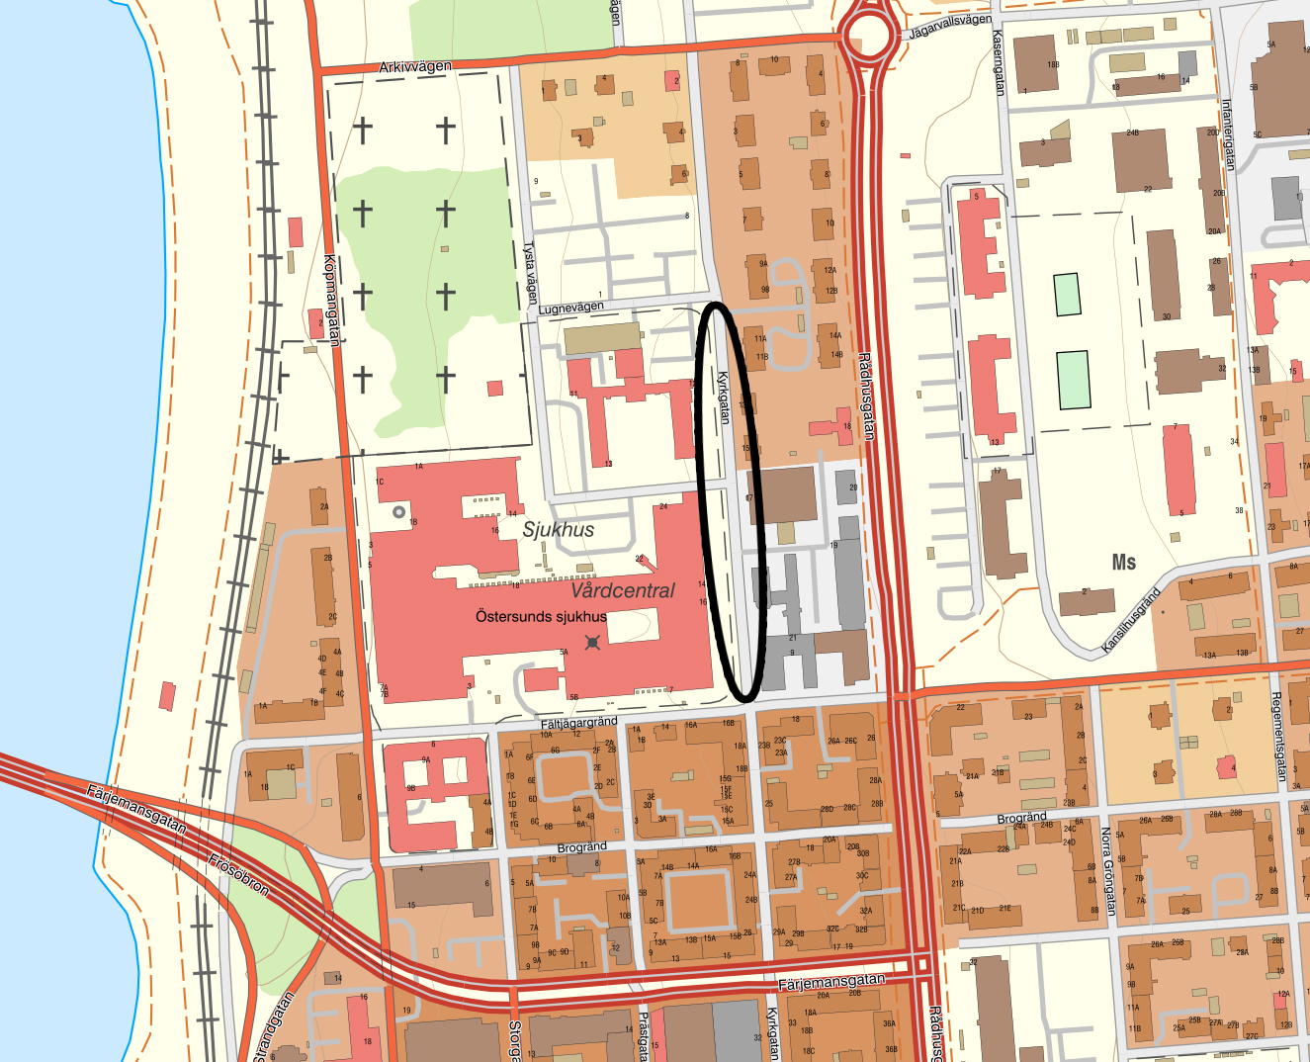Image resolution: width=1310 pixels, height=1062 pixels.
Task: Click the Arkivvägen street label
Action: pyautogui.click(x=415, y=67)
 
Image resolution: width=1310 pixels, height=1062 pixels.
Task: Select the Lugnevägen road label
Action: pyautogui.click(x=570, y=309)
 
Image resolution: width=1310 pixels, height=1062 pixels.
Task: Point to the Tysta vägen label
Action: pyautogui.click(x=531, y=273)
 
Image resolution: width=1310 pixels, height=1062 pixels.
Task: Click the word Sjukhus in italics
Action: pyautogui.click(x=559, y=530)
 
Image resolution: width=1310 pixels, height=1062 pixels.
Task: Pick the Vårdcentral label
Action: pyautogui.click(x=623, y=590)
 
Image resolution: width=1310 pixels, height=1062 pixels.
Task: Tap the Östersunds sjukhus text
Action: pyautogui.click(x=541, y=616)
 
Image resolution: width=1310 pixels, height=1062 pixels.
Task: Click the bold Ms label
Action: pyautogui.click(x=1124, y=562)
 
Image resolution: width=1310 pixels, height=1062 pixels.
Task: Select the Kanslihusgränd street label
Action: pyautogui.click(x=1131, y=621)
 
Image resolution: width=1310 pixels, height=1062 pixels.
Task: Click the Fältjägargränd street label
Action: pyautogui.click(x=578, y=724)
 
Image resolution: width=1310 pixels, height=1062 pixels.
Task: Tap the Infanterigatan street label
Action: pyautogui.click(x=1228, y=134)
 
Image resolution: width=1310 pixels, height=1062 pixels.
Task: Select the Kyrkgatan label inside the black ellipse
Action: pyautogui.click(x=724, y=398)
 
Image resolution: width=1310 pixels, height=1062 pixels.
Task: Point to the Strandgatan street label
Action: pyautogui.click(x=276, y=1028)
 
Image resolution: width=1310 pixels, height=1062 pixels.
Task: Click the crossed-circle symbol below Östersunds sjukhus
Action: pyautogui.click(x=592, y=643)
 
